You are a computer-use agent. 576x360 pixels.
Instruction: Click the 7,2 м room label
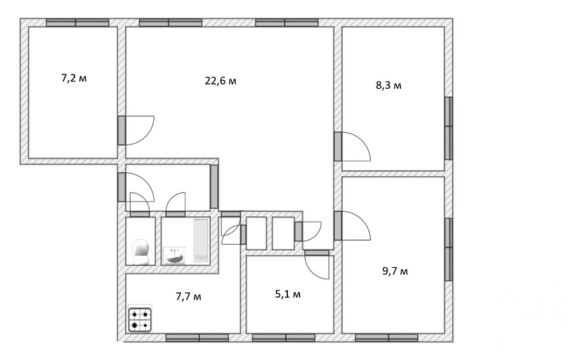pos(74,78)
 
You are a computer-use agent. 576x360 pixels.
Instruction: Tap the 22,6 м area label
pos(220,81)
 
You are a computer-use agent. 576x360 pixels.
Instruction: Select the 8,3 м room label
pos(389,85)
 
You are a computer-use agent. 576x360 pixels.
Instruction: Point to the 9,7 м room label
pos(395,271)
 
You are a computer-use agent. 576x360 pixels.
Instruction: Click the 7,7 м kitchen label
pos(188,296)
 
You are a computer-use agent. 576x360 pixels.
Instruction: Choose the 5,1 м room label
pos(288,294)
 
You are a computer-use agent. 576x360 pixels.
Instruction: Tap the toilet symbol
pos(140,252)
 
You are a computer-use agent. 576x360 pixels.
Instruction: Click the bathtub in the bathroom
pos(201,241)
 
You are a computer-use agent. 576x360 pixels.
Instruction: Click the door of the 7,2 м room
pos(136,130)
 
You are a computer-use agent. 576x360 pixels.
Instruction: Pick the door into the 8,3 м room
pos(352,146)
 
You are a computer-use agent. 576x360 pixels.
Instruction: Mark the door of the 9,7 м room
pos(352,226)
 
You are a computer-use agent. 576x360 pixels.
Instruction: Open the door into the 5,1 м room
pos(316,264)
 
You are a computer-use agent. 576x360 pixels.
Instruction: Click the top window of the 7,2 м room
pos(77,23)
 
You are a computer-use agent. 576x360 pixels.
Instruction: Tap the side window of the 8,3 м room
pos(449,128)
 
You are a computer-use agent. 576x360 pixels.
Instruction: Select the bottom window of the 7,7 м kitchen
pos(197,338)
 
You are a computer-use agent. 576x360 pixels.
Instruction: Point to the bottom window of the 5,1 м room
pos(284,338)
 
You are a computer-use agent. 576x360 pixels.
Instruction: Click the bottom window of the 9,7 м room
pos(386,338)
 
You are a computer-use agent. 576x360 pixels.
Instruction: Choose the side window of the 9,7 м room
pos(449,249)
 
